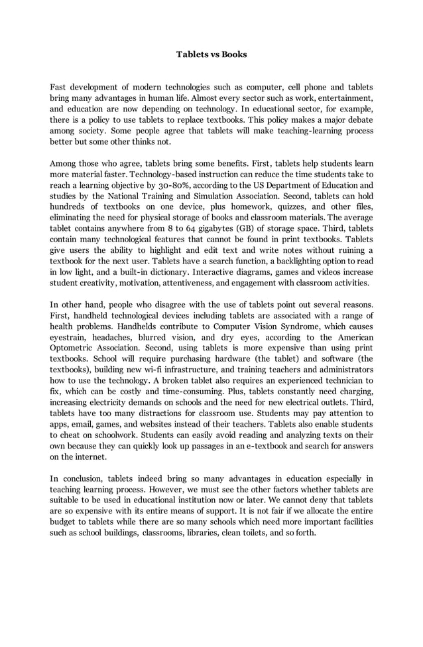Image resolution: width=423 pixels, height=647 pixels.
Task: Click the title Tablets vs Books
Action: [x=211, y=54]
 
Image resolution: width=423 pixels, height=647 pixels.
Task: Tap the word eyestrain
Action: [x=70, y=337]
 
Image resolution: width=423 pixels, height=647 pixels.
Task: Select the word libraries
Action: [x=200, y=532]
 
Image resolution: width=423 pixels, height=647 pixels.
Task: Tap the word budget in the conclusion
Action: [x=64, y=522]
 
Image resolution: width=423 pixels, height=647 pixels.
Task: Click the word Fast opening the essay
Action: [x=59, y=88]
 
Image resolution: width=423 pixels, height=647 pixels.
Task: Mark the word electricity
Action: [x=110, y=402]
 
